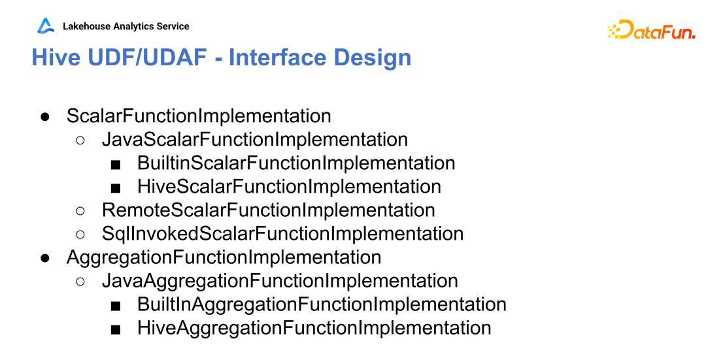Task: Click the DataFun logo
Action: click(651, 29)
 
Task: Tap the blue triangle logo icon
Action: click(45, 25)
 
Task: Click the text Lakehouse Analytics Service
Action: click(126, 26)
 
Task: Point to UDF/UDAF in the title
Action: click(147, 57)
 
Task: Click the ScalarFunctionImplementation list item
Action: click(199, 116)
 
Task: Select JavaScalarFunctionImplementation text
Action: click(255, 140)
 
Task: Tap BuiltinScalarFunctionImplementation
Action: click(296, 163)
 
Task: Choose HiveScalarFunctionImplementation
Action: click(289, 187)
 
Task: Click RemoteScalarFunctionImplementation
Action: click(269, 210)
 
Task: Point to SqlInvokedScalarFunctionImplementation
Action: click(283, 233)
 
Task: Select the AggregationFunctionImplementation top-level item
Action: click(224, 257)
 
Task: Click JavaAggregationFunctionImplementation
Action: click(280, 281)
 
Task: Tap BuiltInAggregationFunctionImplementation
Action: click(322, 304)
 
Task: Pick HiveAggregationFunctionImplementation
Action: click(314, 327)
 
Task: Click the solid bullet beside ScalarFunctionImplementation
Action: click(44, 117)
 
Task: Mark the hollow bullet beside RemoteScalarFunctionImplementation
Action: click(80, 210)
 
